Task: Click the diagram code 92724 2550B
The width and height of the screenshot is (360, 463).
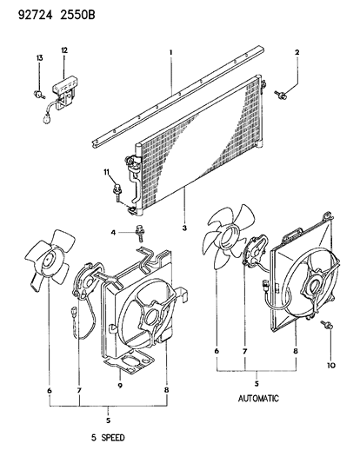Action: [57, 15]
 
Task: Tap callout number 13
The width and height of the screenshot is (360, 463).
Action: [39, 58]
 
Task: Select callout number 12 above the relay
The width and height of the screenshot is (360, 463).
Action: [64, 50]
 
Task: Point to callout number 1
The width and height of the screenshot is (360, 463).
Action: [170, 52]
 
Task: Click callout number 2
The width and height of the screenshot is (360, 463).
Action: [297, 53]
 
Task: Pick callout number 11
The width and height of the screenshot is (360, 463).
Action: [106, 171]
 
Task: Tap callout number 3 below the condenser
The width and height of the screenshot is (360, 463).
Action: [184, 228]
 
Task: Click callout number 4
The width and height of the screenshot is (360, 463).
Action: [113, 233]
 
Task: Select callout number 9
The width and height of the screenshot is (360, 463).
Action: [120, 386]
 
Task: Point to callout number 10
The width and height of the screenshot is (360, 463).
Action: [331, 365]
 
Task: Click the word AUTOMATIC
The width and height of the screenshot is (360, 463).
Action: [258, 399]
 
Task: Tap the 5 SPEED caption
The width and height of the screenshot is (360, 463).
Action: [108, 437]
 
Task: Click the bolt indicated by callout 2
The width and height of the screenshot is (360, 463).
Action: [280, 95]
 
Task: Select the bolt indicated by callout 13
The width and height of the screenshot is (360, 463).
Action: [39, 95]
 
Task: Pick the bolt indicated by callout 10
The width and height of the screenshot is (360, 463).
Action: [327, 325]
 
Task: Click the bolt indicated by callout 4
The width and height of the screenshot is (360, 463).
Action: [139, 233]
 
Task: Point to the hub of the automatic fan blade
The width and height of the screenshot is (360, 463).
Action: [230, 237]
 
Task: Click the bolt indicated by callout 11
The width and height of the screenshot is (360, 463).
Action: [117, 191]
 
